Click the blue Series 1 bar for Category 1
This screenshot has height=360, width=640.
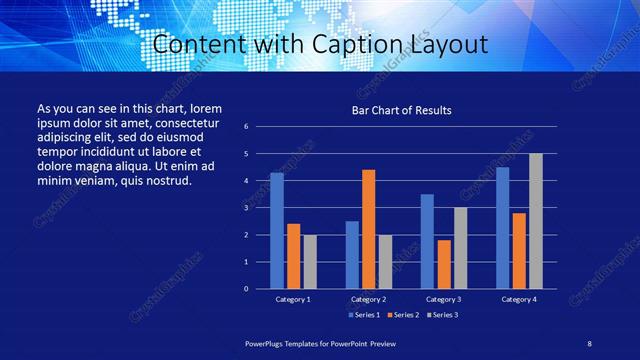pyautogui.click(x=277, y=231)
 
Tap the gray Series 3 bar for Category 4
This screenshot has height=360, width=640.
pyautogui.click(x=536, y=221)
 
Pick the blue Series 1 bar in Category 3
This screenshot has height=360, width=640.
pyautogui.click(x=427, y=241)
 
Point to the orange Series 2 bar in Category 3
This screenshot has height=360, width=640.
pyautogui.click(x=444, y=264)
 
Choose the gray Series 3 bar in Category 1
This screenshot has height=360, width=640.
pyautogui.click(x=310, y=261)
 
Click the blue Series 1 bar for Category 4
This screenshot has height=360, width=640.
pyautogui.click(x=502, y=228)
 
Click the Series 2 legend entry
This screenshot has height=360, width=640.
pyautogui.click(x=401, y=315)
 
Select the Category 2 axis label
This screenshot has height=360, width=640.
pyautogui.click(x=369, y=299)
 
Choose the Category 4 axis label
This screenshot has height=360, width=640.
pyautogui.click(x=519, y=299)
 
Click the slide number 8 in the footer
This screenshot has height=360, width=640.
pyautogui.click(x=590, y=343)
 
